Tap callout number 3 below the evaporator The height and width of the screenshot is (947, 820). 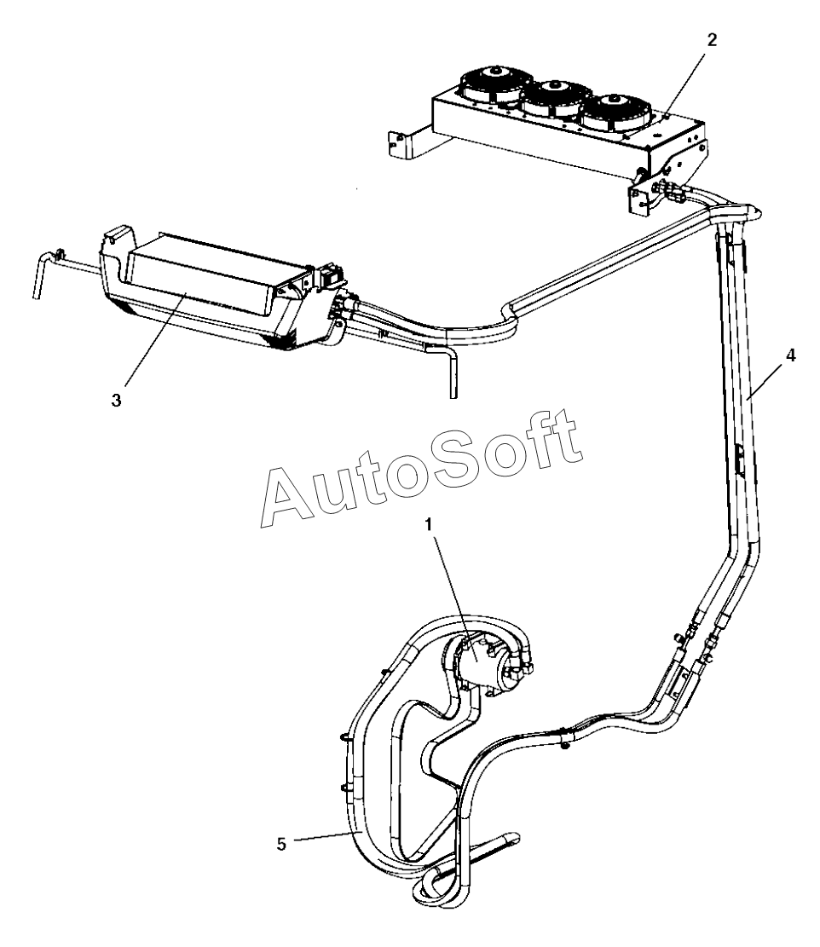pyautogui.click(x=116, y=400)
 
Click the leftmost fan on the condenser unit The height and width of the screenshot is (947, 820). pyautogui.click(x=489, y=85)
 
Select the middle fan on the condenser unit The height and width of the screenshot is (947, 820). pyautogui.click(x=551, y=95)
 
